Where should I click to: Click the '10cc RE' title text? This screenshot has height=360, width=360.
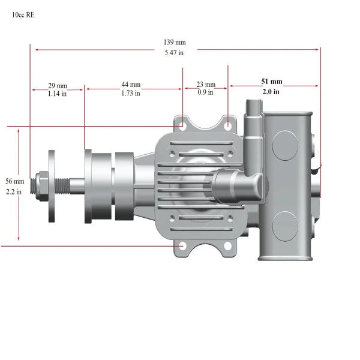pyautogui.click(x=23, y=15)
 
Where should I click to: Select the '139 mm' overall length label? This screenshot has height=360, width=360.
pyautogui.click(x=175, y=42)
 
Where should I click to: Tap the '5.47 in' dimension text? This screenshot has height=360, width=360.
pyautogui.click(x=174, y=53)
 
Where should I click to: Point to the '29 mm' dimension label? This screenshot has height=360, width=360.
pyautogui.click(x=58, y=86)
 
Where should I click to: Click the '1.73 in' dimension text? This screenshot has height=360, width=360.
pyautogui.click(x=131, y=93)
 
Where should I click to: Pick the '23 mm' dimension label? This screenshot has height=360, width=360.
pyautogui.click(x=206, y=85)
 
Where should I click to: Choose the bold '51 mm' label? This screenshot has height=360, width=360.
pyautogui.click(x=272, y=82)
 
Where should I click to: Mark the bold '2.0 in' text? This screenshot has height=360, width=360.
pyautogui.click(x=271, y=92)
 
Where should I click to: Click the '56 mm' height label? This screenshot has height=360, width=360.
pyautogui.click(x=15, y=181)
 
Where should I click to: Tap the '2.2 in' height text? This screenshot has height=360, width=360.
pyautogui.click(x=14, y=191)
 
